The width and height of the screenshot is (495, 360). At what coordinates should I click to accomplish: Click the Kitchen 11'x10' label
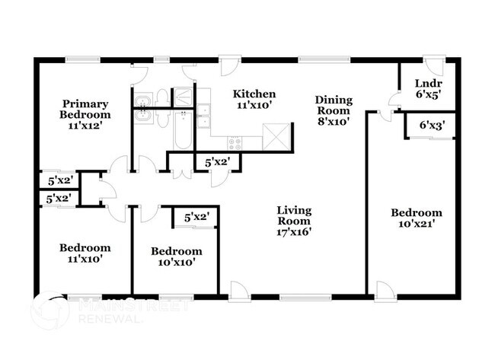pyautogui.click(x=254, y=100)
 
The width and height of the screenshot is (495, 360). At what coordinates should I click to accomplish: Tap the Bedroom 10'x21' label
pyautogui.click(x=416, y=218)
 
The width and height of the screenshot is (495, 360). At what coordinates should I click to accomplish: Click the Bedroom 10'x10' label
pyautogui.click(x=176, y=256)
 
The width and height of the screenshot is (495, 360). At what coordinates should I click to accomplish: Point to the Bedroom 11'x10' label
pyautogui.click(x=85, y=253)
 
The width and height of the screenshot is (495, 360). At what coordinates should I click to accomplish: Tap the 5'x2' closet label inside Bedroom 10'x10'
pyautogui.click(x=196, y=218)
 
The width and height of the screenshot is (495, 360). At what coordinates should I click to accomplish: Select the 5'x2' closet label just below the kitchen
pyautogui.click(x=218, y=162)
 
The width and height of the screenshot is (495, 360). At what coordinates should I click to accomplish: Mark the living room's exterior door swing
pyautogui.click(x=238, y=290)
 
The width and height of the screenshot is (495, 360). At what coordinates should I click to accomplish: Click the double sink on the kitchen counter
pyautogui.click(x=203, y=116)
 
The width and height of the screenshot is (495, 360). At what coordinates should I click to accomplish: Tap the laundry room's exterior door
pyautogui.click(x=432, y=66)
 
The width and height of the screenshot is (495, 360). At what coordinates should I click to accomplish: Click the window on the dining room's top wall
pyautogui.click(x=313, y=59)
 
